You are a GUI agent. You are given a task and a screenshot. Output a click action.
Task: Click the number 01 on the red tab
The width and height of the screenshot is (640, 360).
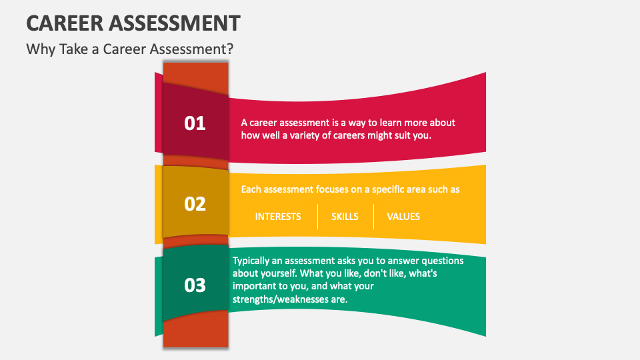(x=195, y=123)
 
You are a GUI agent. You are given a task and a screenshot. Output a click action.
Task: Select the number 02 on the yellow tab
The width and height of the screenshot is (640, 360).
(x=195, y=204)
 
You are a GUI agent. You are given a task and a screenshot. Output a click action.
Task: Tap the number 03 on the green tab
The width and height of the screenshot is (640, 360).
(x=195, y=285)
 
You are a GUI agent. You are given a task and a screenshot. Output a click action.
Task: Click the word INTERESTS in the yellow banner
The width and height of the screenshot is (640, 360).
(x=278, y=217)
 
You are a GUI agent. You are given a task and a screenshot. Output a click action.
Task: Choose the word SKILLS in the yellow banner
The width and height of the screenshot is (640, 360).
(x=345, y=217)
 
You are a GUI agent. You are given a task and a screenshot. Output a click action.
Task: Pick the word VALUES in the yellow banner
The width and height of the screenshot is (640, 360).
(x=403, y=217)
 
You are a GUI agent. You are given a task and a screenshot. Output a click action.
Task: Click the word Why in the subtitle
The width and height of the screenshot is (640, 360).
(x=39, y=49)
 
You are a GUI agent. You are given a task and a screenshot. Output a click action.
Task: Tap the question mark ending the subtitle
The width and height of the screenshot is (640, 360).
(x=230, y=49)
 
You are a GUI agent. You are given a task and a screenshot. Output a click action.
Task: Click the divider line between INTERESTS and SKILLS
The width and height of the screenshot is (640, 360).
(x=317, y=217)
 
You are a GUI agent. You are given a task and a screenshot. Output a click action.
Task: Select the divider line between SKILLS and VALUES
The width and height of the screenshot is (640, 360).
(x=373, y=217)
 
